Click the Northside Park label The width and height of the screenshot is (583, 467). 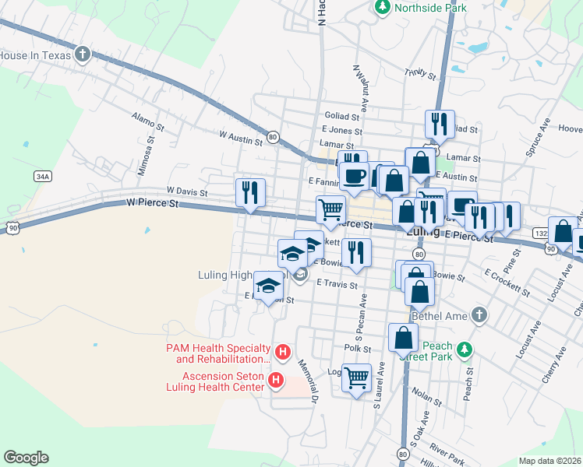(430, 9)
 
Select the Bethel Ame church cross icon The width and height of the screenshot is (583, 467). (479, 314)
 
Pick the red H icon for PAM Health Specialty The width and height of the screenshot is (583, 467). (284, 353)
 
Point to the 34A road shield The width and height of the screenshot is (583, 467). (43, 177)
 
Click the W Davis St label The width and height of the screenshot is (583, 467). (186, 191)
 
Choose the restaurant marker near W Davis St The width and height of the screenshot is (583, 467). (251, 192)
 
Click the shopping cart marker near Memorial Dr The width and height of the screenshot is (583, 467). (357, 378)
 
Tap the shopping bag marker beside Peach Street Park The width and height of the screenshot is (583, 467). (403, 338)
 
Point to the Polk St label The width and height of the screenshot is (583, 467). (357, 349)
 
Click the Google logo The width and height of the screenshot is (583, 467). (26, 458)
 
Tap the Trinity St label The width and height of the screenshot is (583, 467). (419, 73)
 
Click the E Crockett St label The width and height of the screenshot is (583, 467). (507, 283)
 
